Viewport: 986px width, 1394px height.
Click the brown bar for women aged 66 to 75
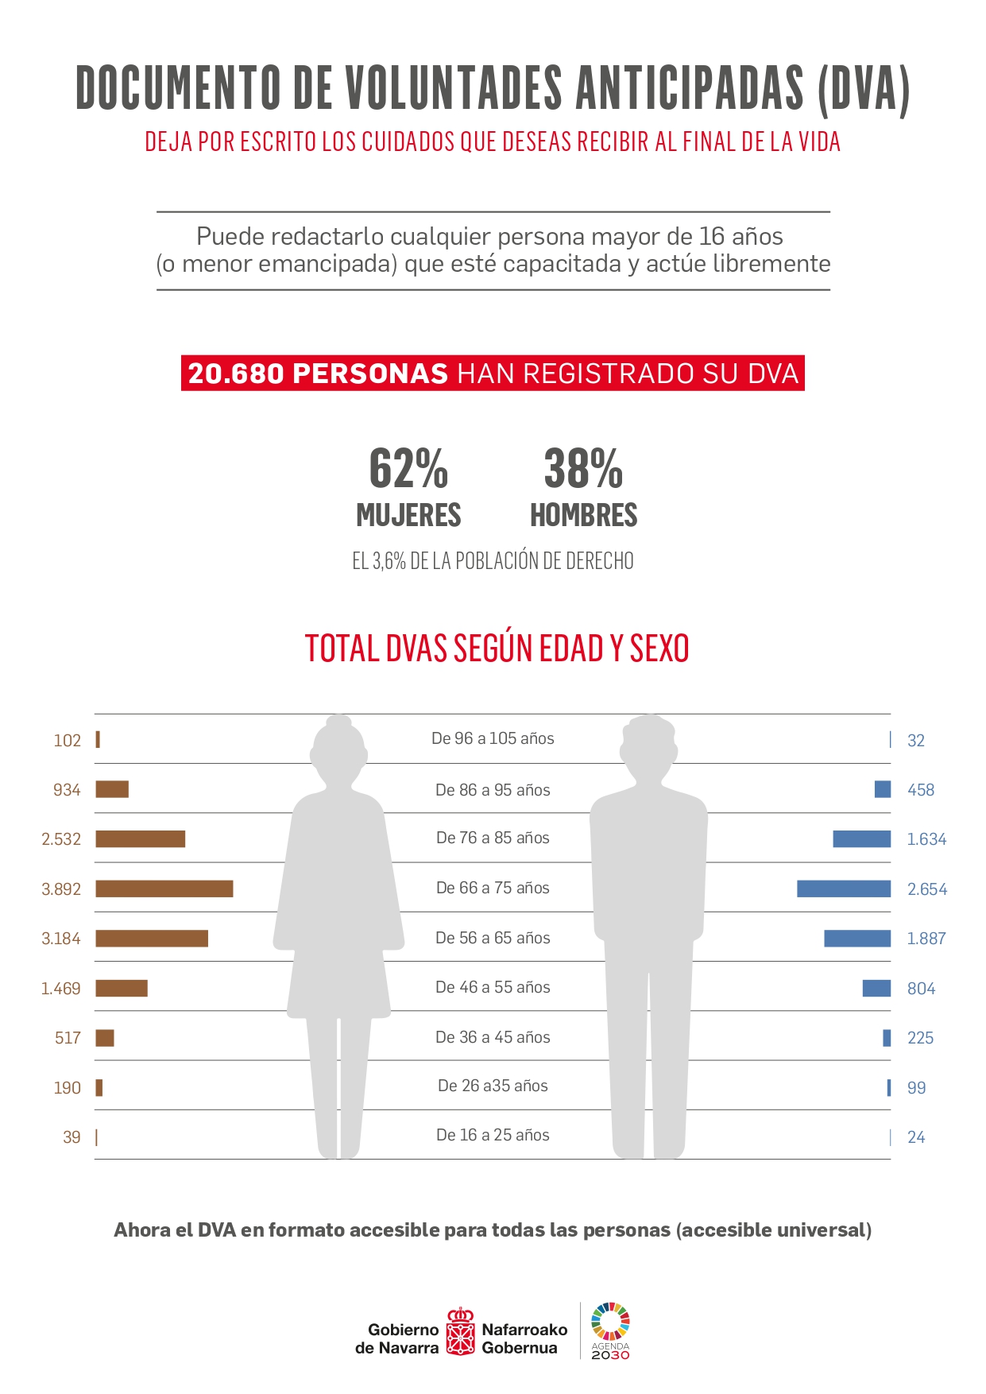[164, 889]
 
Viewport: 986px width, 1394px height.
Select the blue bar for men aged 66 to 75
[843, 889]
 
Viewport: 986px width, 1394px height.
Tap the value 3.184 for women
[61, 939]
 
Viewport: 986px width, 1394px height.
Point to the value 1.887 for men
[926, 939]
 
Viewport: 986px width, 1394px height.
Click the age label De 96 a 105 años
[493, 738]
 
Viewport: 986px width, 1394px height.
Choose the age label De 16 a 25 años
[493, 1135]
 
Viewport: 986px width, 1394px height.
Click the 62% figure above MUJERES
[408, 469]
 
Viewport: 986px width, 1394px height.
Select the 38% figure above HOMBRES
[583, 469]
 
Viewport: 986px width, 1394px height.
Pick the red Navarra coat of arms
[460, 1331]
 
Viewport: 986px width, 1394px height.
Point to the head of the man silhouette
[649, 745]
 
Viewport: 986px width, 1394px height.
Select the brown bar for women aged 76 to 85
[140, 838]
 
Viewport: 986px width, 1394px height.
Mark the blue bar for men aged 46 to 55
[876, 988]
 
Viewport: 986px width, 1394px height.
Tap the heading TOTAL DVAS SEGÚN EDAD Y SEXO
[497, 649]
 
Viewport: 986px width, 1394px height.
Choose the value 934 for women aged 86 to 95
[67, 790]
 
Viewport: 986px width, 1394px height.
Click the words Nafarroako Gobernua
[524, 1338]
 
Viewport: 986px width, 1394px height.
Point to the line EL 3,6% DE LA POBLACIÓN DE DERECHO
[493, 561]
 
